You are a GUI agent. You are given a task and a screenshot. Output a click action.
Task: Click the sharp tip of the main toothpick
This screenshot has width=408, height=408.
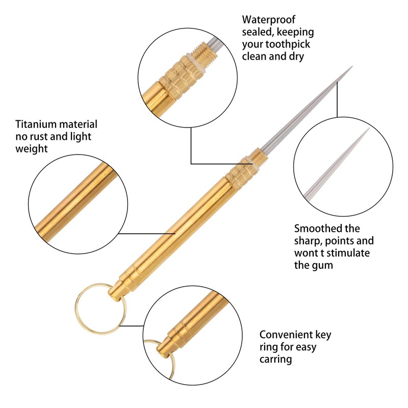(351, 67)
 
